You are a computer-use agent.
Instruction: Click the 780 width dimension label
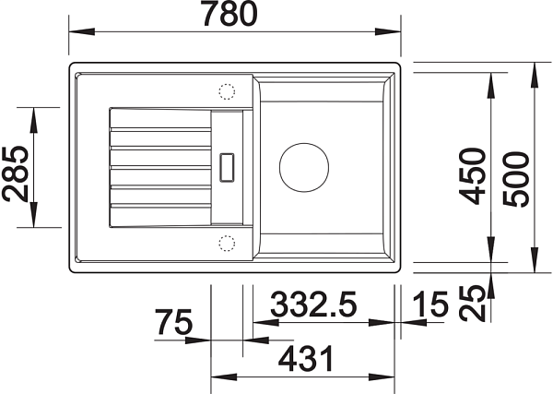pos(230,14)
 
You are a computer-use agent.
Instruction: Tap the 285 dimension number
pos(16,173)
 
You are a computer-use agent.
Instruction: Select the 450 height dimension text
pos(472,176)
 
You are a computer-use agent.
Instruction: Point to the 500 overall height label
pos(516,179)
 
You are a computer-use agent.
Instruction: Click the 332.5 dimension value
pos(313,304)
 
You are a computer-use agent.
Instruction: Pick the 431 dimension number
pos(306,358)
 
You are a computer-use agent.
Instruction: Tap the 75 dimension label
pos(174,322)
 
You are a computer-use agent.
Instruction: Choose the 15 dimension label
pos(430,304)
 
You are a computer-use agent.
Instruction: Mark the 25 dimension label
pos(472,304)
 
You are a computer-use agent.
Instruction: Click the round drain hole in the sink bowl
pos(304,168)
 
